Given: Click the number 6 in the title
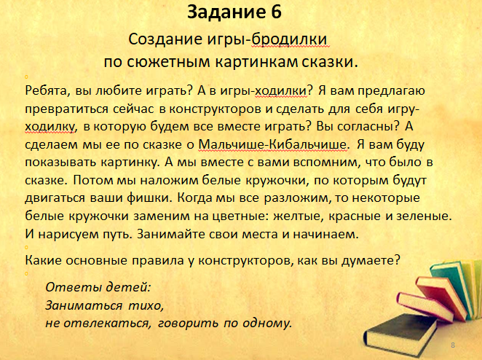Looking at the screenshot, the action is (x=277, y=12).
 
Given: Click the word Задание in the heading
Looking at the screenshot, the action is (x=226, y=13).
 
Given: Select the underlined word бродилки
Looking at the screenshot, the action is (x=291, y=39).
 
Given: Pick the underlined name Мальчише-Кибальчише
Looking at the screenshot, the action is (x=273, y=144).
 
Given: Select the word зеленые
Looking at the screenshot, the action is (x=423, y=216).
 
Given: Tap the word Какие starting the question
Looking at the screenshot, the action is (x=43, y=261).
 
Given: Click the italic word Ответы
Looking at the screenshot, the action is (x=74, y=287).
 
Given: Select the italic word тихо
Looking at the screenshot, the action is (x=145, y=305).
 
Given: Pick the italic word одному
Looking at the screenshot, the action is (x=266, y=324).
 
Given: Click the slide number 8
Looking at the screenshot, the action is (x=453, y=345).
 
